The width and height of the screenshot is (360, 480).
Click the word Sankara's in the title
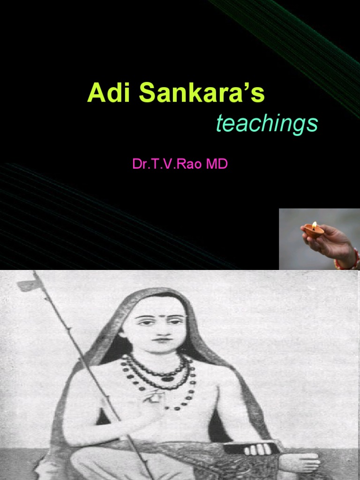click(x=202, y=93)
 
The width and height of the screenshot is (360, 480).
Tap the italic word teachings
click(x=267, y=124)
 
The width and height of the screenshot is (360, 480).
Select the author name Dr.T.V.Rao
click(x=164, y=165)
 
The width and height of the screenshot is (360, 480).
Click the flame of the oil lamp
click(x=314, y=225)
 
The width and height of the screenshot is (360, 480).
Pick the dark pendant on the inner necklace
click(x=165, y=378)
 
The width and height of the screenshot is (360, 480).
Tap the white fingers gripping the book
click(x=255, y=449)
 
